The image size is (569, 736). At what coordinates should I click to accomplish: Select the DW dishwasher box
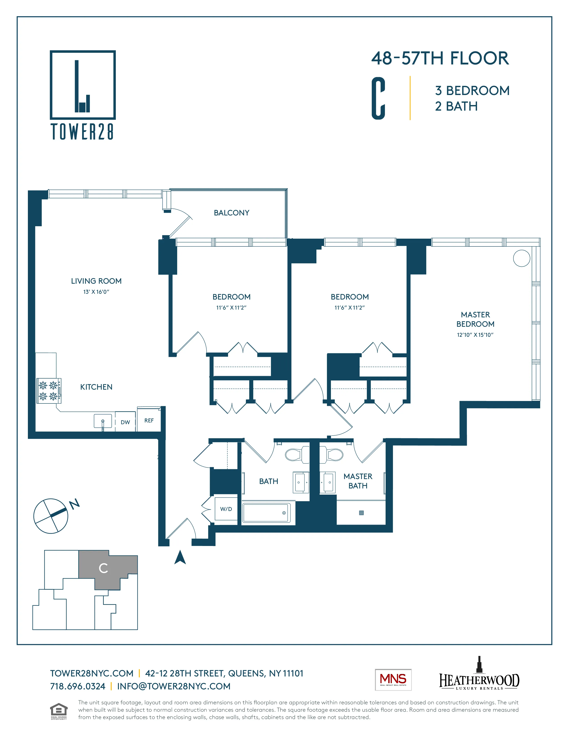point(125,422)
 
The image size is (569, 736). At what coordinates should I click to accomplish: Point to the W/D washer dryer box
point(226,509)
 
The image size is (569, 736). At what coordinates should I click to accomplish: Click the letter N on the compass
point(75,504)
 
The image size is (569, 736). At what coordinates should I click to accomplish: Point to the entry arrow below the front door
point(180,558)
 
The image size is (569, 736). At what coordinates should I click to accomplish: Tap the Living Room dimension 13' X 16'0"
point(96,292)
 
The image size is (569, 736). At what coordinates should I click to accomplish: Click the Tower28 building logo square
point(83,85)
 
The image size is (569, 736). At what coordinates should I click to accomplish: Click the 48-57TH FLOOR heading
point(440,58)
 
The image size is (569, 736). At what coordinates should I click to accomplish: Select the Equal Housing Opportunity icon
point(59,711)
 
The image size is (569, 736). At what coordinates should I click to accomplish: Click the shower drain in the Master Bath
point(361,513)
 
